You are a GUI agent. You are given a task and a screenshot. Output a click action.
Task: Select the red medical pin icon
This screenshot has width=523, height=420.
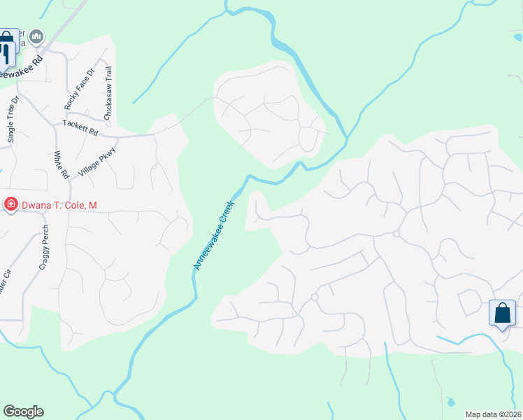[10, 205]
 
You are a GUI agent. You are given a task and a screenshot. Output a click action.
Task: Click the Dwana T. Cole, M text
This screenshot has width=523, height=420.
[59, 205]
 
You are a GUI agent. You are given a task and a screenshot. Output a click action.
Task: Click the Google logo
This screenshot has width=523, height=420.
[23, 412]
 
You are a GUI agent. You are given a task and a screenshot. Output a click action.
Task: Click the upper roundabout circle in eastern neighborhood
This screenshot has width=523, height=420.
[396, 234]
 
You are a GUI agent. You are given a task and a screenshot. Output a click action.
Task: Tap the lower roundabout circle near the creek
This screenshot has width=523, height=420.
[315, 297]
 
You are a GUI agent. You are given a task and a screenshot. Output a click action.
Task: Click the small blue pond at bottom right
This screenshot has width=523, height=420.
[450, 402]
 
